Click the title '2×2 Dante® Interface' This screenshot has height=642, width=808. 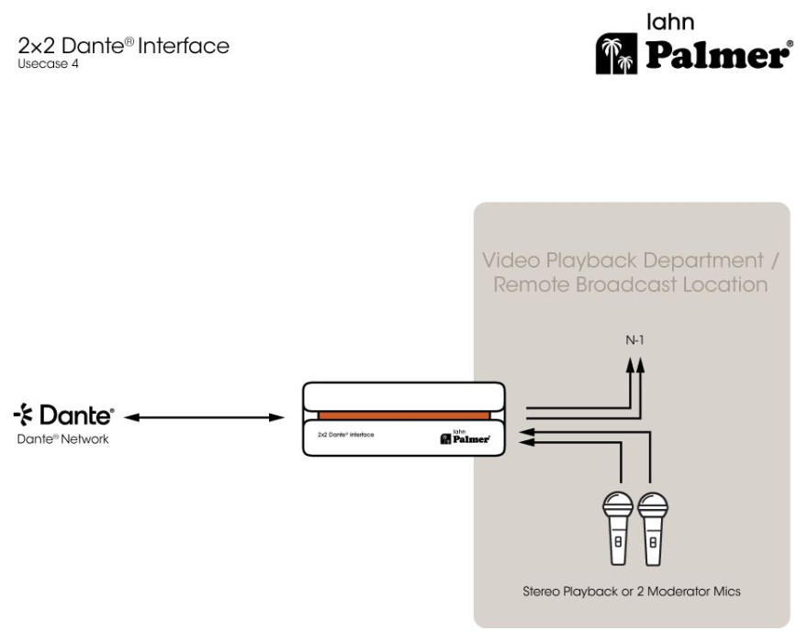[124, 46]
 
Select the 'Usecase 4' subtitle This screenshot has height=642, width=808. [48, 64]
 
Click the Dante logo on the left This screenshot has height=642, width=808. [63, 416]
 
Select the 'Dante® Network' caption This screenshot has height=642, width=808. [63, 439]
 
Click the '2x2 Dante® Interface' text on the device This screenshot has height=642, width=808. [345, 434]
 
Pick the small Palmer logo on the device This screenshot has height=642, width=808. [466, 437]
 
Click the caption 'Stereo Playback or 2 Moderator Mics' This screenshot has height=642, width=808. [632, 591]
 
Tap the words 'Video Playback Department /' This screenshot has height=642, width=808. [632, 260]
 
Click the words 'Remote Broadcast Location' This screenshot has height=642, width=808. [631, 284]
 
